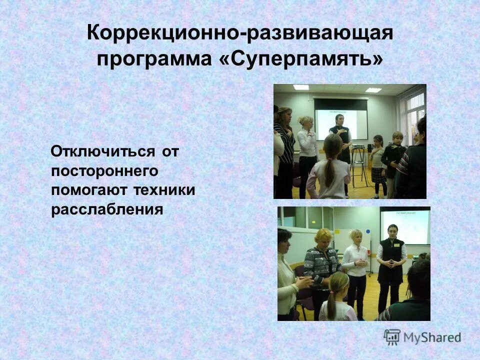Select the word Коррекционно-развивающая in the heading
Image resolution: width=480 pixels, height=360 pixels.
pos(240,33)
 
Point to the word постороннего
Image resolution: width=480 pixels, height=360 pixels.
pos(104,171)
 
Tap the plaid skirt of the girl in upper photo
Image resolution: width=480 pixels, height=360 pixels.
pos(378,175)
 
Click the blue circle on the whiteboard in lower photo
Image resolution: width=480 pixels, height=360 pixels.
pos(368,232)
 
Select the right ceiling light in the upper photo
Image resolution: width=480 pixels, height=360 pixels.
pos(373,90)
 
